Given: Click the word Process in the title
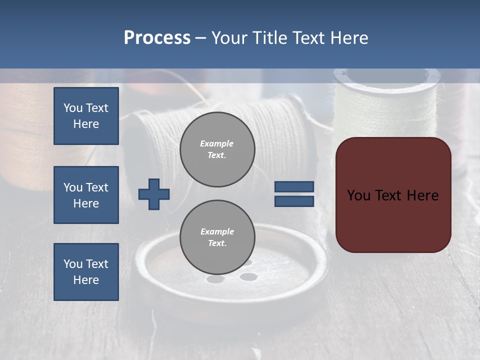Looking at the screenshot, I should (157, 37).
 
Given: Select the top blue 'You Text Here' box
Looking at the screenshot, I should (86, 116).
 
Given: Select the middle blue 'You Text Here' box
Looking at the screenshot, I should (86, 195).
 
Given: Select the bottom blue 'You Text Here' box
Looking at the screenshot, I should (86, 271).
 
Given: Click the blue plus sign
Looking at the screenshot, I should (153, 194).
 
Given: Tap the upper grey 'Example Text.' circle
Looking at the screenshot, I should (217, 149).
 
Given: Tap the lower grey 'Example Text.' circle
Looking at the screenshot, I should (217, 237).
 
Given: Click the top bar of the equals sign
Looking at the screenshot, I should (294, 187).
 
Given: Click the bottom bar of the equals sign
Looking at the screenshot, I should (294, 201).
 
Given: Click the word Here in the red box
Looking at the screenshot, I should (422, 195).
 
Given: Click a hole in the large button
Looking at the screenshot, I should (248, 276).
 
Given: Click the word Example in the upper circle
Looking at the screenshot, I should (217, 143).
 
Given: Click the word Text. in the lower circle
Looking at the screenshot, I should (217, 243).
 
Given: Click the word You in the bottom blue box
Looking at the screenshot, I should (72, 263).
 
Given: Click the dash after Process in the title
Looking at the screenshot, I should (200, 38).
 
